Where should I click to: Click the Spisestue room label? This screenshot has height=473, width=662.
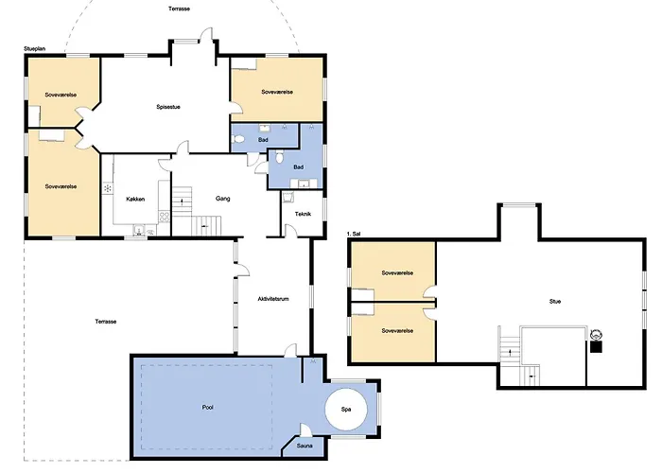pos(168,107)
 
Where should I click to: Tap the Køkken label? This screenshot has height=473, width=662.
pos(135,199)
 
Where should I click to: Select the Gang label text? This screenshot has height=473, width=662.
pos(222,199)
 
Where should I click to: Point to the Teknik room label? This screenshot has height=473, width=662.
pos(303,214)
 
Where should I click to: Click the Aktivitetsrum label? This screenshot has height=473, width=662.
pos(273,299)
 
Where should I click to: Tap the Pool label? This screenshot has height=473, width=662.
pos(207,408)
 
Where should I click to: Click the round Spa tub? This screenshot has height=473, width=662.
pos(346,410)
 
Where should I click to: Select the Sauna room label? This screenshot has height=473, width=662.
pos(305,446)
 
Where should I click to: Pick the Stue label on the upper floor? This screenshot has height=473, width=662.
pos(555,302)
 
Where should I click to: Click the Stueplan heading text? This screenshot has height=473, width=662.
pos(35,49)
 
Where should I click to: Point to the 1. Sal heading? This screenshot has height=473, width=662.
pos(354,234)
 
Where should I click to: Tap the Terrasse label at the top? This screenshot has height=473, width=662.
pos(179,9)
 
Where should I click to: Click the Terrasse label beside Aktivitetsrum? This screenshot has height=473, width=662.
pos(106,322)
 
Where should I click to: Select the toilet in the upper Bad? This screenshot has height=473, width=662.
pos(238,138)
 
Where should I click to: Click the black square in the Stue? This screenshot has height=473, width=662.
pos(596,347)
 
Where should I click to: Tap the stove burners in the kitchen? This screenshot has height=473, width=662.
pos(165,218)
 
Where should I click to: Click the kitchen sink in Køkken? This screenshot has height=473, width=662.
pos(138,230)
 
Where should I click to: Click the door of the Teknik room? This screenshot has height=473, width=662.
pos(290,231)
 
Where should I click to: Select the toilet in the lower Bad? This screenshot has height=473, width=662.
pos(279,158)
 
